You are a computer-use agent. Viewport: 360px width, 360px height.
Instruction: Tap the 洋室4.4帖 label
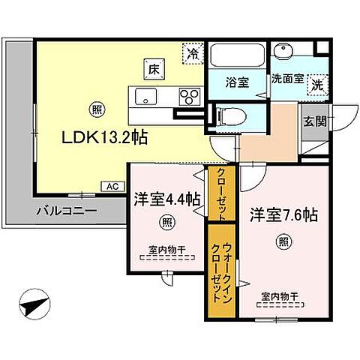(x=166, y=199)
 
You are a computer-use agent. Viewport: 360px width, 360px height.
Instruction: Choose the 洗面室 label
(x=287, y=78)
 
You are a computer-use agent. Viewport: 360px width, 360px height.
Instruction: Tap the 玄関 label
(x=314, y=121)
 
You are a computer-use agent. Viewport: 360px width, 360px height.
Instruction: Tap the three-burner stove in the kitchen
(x=188, y=96)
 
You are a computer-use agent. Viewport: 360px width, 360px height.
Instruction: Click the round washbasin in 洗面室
(x=286, y=52)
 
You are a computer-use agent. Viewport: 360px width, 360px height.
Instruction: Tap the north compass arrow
(x=34, y=306)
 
